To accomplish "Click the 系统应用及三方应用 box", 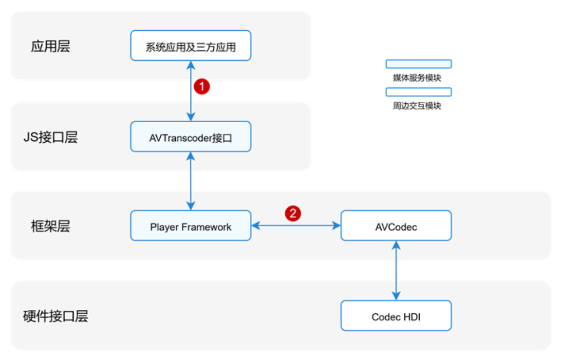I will click(x=190, y=46).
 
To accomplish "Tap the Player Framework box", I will click(x=190, y=226).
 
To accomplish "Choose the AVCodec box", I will click(x=396, y=226).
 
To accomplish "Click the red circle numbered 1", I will click(x=202, y=87).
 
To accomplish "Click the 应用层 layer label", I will click(x=50, y=46).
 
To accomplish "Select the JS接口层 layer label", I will click(x=50, y=137).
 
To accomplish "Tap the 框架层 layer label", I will click(x=50, y=226).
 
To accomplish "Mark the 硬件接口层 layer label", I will click(x=56, y=316).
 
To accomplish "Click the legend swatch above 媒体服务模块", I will click(x=418, y=64).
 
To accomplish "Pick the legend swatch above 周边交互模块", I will click(x=418, y=92).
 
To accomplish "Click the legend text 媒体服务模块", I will click(x=417, y=78).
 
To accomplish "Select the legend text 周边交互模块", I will click(x=417, y=106).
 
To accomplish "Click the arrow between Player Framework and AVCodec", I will click(x=296, y=226).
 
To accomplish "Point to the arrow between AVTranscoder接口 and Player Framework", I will click(x=190, y=181).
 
